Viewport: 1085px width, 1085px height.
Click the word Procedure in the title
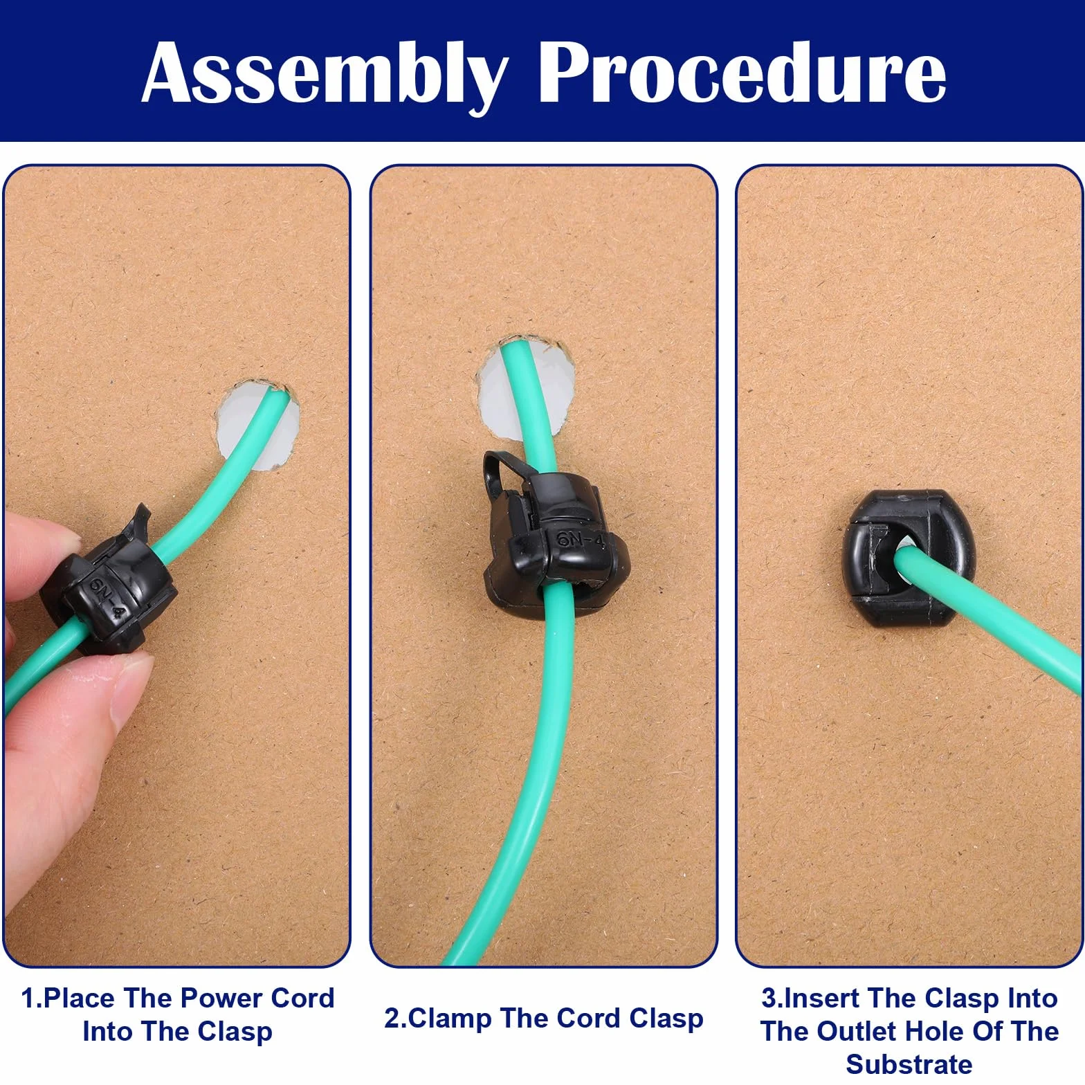(x=742, y=73)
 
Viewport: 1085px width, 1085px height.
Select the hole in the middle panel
(x=526, y=387)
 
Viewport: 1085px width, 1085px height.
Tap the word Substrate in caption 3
(x=909, y=1064)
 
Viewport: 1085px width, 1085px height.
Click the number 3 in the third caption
(x=769, y=998)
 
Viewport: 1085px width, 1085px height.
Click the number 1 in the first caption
(x=28, y=998)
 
